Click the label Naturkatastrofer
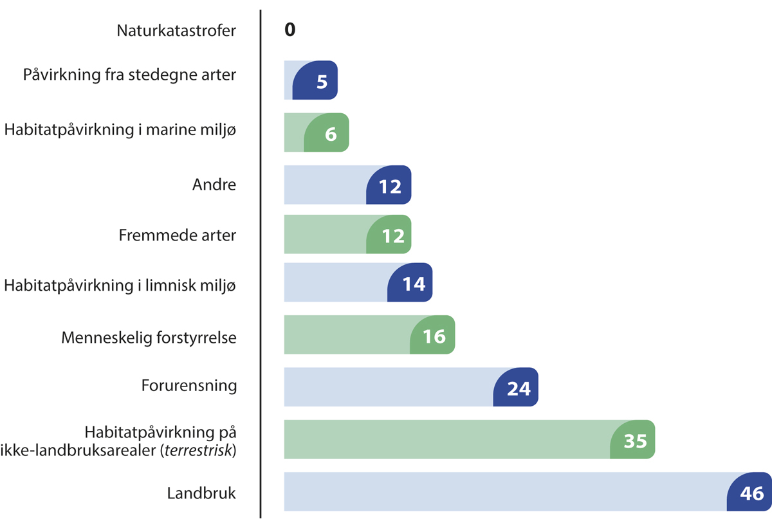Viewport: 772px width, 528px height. pyautogui.click(x=176, y=30)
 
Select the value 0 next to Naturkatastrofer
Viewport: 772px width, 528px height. pyautogui.click(x=290, y=30)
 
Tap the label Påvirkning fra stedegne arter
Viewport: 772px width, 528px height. pyautogui.click(x=129, y=75)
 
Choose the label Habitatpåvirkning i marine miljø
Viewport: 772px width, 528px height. pyautogui.click(x=120, y=130)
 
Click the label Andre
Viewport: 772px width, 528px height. pyautogui.click(x=214, y=185)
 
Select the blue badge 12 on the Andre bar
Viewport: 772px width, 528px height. pyautogui.click(x=389, y=186)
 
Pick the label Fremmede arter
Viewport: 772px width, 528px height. pyautogui.click(x=178, y=235)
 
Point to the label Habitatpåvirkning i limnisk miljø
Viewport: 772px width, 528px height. pyautogui.click(x=120, y=284)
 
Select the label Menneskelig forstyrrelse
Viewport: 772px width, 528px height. pyautogui.click(x=149, y=337)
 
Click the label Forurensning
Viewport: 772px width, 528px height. pyautogui.click(x=189, y=386)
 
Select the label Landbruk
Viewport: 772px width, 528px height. pyautogui.click(x=202, y=494)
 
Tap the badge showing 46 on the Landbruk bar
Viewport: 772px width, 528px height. pyautogui.click(x=750, y=493)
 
